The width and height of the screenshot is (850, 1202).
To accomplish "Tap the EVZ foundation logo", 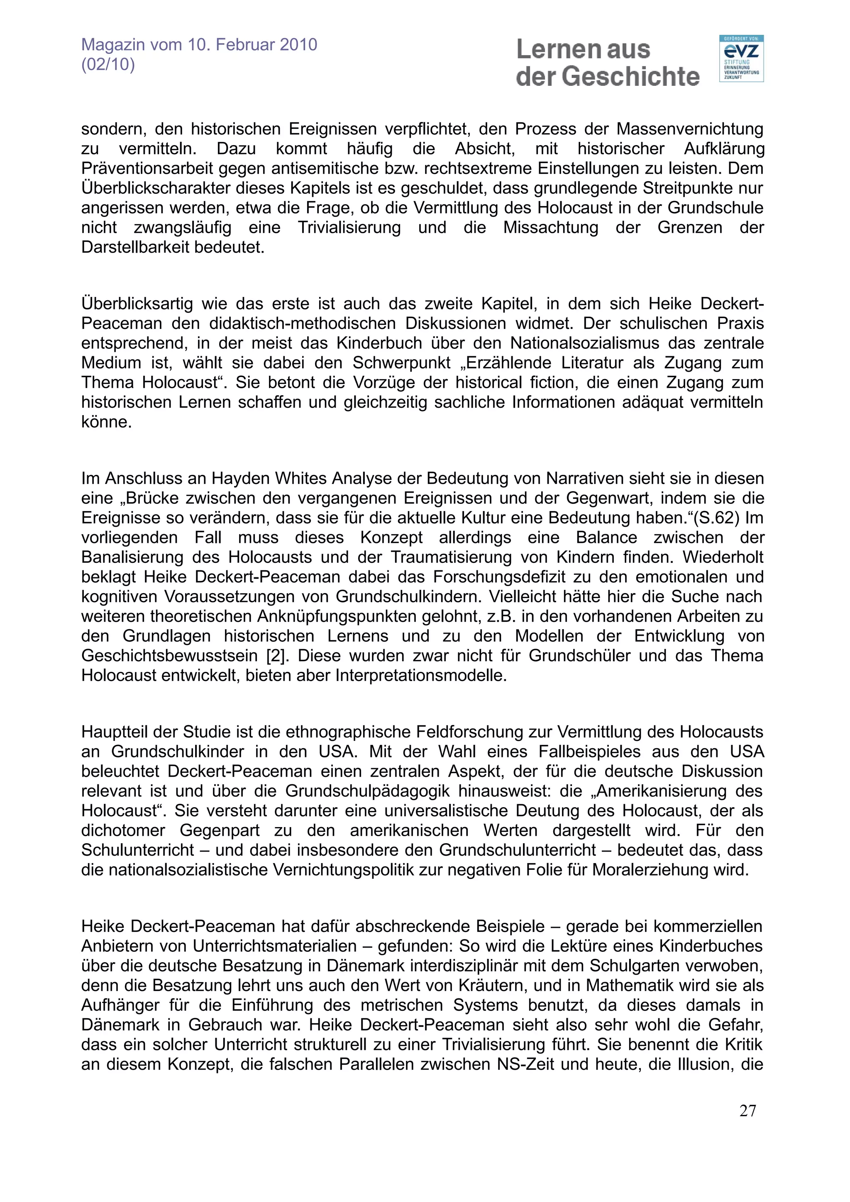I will [x=741, y=58].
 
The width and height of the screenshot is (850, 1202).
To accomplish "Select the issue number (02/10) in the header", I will [x=108, y=64].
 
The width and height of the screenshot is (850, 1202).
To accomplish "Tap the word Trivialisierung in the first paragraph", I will [x=349, y=228].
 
